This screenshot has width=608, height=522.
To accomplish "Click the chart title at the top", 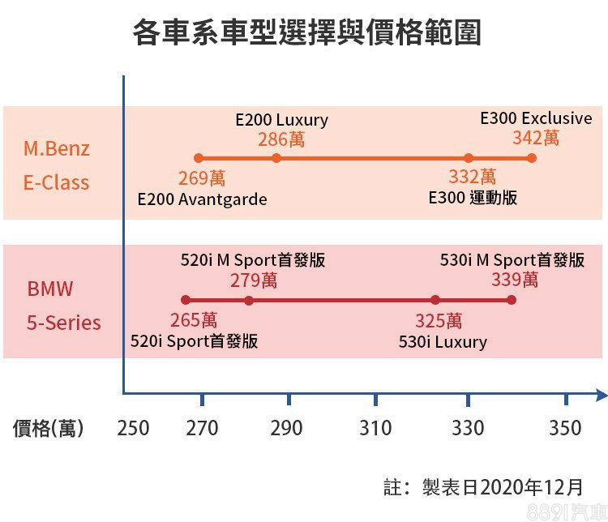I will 306,33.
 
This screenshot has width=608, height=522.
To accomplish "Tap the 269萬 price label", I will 202,178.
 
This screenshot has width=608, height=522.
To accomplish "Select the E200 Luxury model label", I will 281,120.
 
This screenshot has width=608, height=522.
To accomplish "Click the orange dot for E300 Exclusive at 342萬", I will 532,158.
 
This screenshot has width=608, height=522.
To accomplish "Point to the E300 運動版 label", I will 473,198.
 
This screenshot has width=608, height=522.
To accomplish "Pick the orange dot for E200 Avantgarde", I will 199,158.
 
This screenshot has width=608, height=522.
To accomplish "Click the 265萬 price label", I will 194,320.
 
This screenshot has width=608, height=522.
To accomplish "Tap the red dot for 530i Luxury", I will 435,300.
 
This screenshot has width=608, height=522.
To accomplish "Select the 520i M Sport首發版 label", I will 253,261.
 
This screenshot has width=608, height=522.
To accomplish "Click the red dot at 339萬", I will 512,300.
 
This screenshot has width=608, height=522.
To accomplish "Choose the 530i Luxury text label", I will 443,341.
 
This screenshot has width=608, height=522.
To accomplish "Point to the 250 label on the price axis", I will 133,428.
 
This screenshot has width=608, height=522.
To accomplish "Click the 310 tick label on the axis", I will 375,428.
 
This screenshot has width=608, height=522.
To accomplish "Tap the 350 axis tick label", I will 565,428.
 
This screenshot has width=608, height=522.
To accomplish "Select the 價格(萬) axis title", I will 48,428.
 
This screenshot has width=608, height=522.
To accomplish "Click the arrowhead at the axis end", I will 600,395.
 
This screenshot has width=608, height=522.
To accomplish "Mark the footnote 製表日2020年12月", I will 503,487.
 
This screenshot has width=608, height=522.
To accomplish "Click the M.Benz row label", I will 56,149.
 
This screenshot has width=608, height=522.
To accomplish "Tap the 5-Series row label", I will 64,323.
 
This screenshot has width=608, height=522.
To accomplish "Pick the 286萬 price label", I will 281,139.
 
